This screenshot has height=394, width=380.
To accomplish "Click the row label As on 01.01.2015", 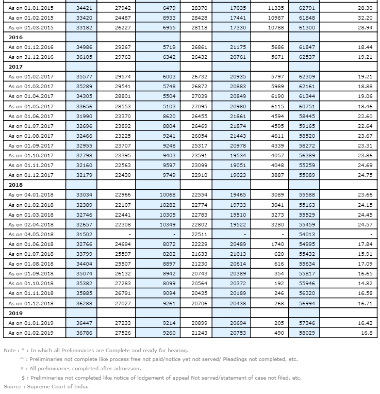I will click(30, 8).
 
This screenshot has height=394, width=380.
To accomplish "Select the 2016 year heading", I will click(16, 37).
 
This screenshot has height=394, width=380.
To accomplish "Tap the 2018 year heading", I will click(16, 184).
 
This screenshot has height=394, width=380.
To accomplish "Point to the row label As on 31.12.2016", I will click(30, 57).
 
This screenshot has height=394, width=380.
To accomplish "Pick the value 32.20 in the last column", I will click(365, 18).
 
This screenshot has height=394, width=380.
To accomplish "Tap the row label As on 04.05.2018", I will click(30, 234).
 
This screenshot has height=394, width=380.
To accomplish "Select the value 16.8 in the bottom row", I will click(367, 333).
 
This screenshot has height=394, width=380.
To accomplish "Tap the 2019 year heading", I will click(16, 313).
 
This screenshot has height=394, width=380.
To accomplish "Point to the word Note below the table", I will click(10, 351).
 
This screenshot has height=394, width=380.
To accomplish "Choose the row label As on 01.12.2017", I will click(30, 175).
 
